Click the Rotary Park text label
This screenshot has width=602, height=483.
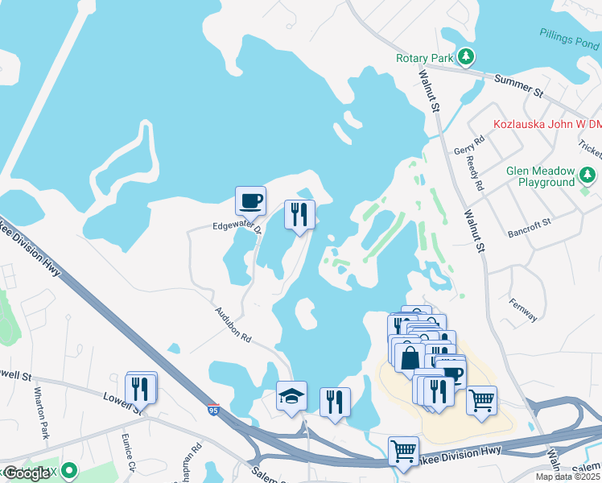423,58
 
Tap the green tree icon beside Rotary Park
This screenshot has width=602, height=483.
465,57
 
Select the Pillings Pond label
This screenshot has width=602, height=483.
571,35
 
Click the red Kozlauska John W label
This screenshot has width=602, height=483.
546,124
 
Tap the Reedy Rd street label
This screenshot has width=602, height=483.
475,174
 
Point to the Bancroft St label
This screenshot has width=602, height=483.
528,226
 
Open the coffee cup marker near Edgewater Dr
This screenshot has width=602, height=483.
250,200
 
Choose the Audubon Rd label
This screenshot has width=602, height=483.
233,324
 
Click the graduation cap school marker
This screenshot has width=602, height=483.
291,395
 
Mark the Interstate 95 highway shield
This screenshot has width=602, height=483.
213,410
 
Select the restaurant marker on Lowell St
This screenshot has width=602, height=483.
142,387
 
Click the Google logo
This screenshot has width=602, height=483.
27,473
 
